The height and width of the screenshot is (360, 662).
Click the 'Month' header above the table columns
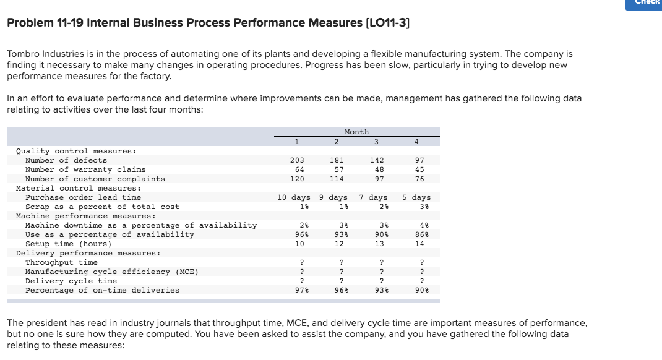356,132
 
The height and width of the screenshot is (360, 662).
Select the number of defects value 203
297,160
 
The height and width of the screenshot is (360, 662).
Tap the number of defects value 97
419,160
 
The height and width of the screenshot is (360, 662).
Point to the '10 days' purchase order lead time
293,197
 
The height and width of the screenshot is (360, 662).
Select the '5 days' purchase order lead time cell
416,197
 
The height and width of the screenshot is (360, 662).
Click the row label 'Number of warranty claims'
85,169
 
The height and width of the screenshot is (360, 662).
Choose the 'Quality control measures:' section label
75,151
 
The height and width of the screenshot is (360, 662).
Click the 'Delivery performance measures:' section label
87,253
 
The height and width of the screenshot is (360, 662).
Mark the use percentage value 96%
299,234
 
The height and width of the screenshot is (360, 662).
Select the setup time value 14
419,244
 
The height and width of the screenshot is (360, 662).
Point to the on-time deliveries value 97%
299,290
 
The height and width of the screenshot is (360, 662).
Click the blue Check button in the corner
644,4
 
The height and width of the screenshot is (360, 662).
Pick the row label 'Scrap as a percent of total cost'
102,207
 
